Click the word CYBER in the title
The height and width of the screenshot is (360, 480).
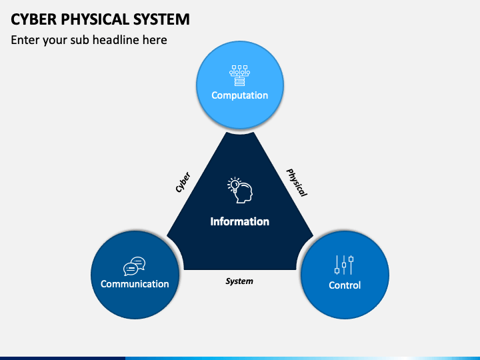point(33,19)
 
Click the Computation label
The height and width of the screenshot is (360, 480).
point(239,95)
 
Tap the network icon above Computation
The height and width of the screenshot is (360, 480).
point(239,75)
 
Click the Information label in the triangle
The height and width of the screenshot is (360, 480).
point(239,221)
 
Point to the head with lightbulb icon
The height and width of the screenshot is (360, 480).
point(240,190)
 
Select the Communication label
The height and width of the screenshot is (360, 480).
point(135,284)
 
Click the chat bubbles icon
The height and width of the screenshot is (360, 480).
point(135,266)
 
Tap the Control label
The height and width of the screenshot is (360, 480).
point(345,285)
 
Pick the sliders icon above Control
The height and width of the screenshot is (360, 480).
point(344,265)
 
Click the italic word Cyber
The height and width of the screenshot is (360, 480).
point(183,183)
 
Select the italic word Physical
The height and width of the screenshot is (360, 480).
point(297,182)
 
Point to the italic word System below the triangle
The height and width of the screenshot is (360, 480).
point(239,281)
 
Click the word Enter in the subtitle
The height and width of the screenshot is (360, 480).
point(25,40)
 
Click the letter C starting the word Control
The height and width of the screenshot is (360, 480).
point(331,285)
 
